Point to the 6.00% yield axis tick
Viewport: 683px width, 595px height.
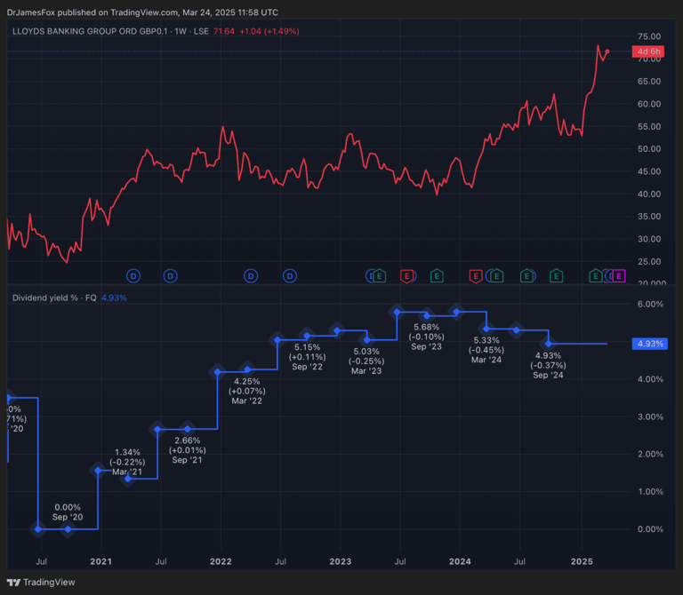tap(650, 304)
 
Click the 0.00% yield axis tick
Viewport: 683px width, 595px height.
tap(650, 529)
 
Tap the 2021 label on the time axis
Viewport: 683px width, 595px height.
tap(101, 561)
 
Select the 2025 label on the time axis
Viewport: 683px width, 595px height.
tap(582, 561)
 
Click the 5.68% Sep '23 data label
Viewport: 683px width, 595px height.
tap(428, 337)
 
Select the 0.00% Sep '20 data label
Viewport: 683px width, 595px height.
tap(68, 512)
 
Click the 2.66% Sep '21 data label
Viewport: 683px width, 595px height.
tap(188, 449)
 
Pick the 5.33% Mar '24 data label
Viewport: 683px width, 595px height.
tap(486, 350)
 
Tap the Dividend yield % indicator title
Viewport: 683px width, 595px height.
tap(53, 297)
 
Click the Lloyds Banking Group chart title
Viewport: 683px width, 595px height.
tap(106, 31)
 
